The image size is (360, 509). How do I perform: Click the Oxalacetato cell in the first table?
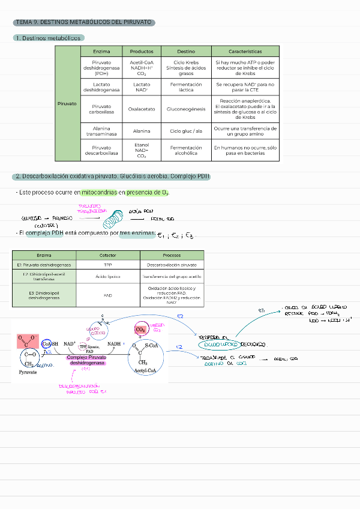click(142, 109)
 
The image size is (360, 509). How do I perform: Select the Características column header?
click(245, 52)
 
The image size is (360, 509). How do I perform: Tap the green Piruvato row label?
click(67, 103)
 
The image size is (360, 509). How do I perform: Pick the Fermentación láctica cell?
click(186, 87)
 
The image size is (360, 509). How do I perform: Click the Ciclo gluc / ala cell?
click(186, 131)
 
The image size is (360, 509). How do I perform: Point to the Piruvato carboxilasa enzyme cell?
click(101, 109)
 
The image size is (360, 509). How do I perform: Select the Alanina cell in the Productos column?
click(142, 131)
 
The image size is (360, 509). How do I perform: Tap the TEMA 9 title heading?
click(83, 23)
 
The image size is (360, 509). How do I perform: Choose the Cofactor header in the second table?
click(108, 255)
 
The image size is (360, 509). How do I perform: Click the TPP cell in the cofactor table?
click(108, 265)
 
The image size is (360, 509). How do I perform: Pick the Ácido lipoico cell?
click(108, 277)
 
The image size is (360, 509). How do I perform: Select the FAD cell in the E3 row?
click(108, 295)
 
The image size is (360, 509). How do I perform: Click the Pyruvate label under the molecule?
click(28, 372)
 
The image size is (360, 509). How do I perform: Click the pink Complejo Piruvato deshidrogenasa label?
click(86, 360)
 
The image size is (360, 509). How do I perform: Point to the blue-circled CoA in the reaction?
click(46, 344)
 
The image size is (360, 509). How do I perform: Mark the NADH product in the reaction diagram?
click(115, 344)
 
